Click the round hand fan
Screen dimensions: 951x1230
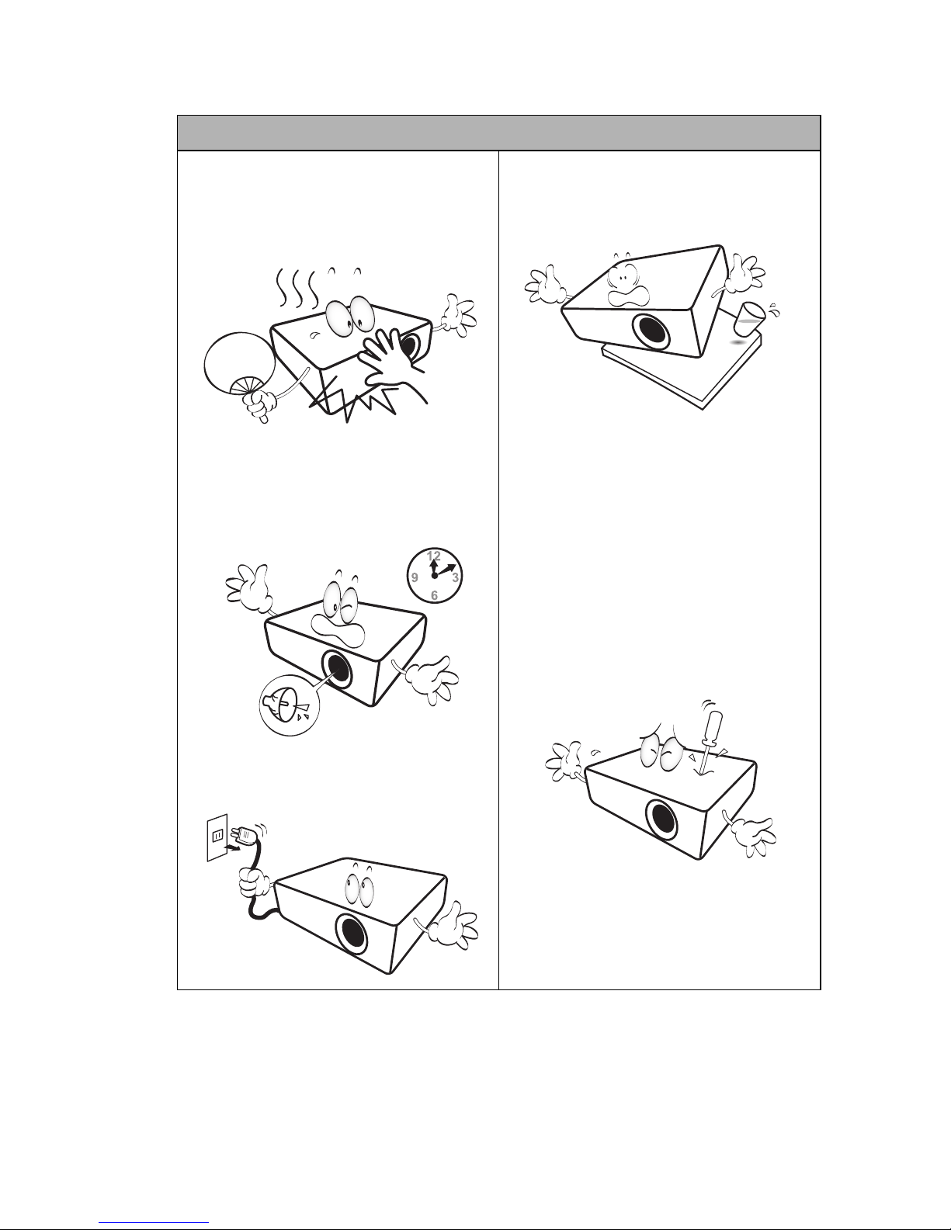click(x=241, y=363)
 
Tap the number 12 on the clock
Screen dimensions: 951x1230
click(x=434, y=556)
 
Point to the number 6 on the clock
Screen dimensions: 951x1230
click(x=434, y=595)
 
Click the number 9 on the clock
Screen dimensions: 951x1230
click(x=415, y=577)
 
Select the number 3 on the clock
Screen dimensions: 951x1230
click(x=455, y=578)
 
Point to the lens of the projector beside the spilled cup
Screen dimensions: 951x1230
click(x=651, y=330)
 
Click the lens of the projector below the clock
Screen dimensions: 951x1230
click(x=337, y=672)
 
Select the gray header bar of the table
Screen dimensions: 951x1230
click(x=498, y=133)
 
